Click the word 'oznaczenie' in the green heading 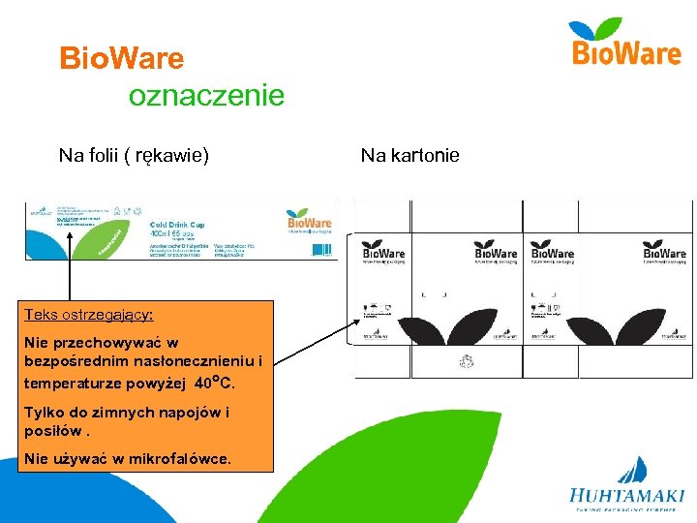point(206,96)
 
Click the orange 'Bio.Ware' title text point(121,59)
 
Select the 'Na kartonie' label point(409,155)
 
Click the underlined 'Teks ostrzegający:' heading point(89,316)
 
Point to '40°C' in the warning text point(215,382)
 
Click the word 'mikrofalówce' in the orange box point(184,458)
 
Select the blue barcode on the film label point(321,249)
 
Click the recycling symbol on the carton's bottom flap point(469,362)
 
